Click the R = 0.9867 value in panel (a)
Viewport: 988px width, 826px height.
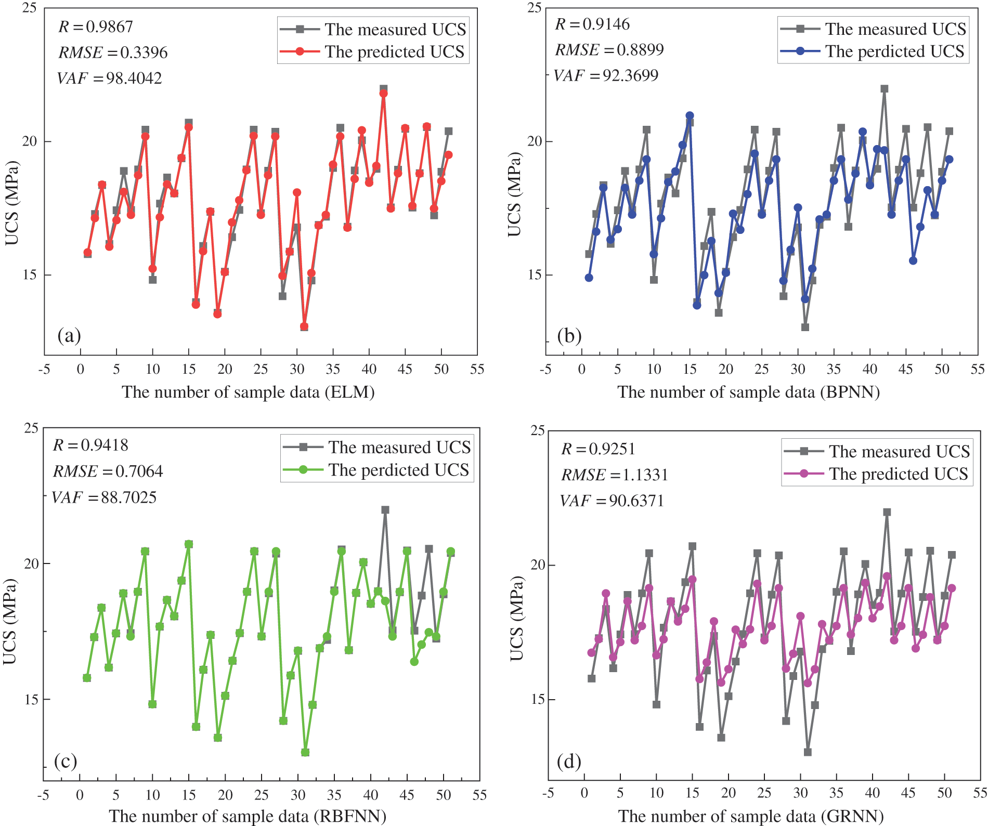coord(96,27)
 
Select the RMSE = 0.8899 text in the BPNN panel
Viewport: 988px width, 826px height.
coord(609,50)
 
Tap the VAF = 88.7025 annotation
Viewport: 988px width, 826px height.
coord(104,497)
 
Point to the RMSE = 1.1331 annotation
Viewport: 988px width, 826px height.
coord(614,475)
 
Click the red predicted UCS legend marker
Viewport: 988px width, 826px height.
coord(300,51)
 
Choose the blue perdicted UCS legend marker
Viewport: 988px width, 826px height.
coord(800,51)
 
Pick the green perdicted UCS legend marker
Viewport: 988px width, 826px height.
coord(303,470)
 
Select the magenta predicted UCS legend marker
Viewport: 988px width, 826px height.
coord(804,474)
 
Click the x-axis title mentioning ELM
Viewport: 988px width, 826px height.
coord(248,392)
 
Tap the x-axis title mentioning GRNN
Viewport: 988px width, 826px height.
coord(750,816)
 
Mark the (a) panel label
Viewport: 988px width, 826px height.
coord(69,335)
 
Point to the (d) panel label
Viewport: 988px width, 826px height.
coord(569,762)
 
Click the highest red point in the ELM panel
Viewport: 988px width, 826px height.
coord(383,94)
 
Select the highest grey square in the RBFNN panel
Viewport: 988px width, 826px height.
coord(385,510)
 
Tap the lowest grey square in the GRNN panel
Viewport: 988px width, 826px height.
coord(808,752)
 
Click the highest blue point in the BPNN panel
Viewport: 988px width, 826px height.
coord(690,115)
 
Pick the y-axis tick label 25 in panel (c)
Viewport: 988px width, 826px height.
coord(32,428)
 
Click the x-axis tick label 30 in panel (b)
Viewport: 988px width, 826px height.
coord(798,370)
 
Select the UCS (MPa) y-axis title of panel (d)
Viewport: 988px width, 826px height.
coord(516,618)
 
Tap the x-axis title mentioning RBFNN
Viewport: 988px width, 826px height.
coord(248,816)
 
